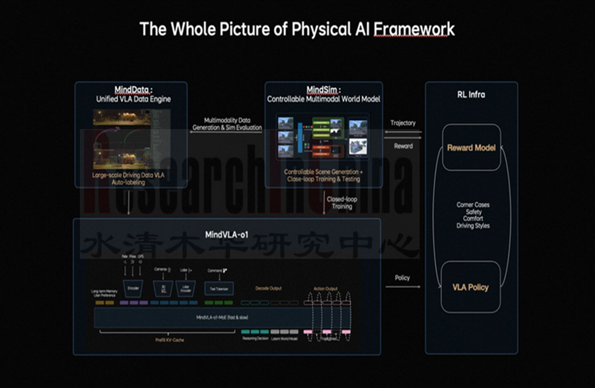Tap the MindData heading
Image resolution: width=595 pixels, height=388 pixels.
pyautogui.click(x=133, y=90)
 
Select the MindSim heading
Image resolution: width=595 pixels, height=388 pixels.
pyautogui.click(x=324, y=90)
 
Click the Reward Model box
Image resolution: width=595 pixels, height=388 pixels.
pyautogui.click(x=471, y=148)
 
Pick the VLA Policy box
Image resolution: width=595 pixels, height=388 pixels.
pyautogui.click(x=471, y=287)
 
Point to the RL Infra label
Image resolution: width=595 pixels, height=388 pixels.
pyautogui.click(x=471, y=95)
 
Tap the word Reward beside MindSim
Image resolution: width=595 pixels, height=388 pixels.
pyautogui.click(x=403, y=146)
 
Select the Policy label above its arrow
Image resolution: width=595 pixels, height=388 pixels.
pyautogui.click(x=402, y=278)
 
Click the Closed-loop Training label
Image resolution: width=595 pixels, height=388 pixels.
pyautogui.click(x=342, y=203)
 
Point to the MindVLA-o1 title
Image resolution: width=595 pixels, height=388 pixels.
pyautogui.click(x=227, y=235)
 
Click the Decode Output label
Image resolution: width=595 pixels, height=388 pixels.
pyautogui.click(x=268, y=288)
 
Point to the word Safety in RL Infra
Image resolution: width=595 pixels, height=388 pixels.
pyautogui.click(x=473, y=212)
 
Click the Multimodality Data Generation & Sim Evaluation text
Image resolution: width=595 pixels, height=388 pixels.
pyautogui.click(x=227, y=124)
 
